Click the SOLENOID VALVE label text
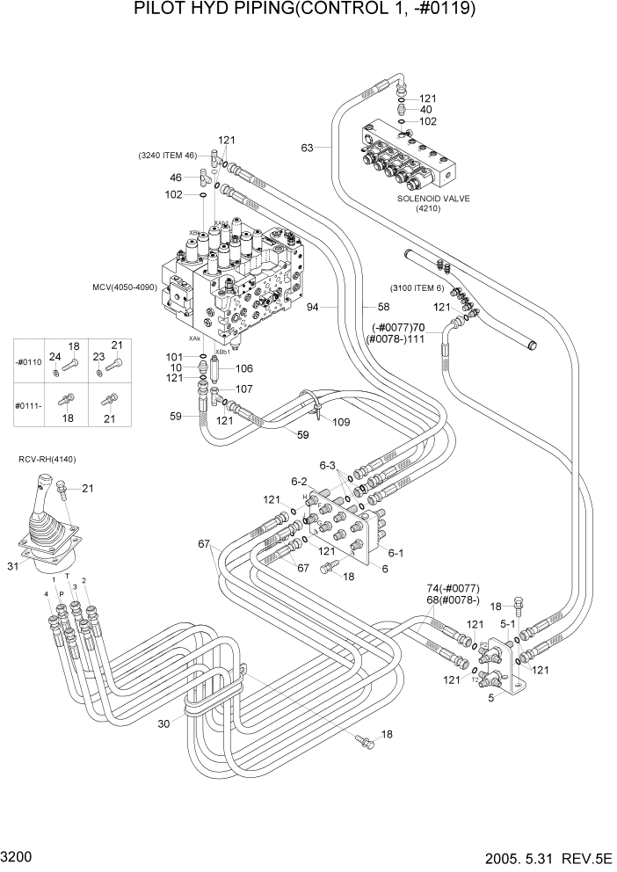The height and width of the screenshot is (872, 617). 433,199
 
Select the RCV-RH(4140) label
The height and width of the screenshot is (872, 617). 45,459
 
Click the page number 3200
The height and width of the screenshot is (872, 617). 18,854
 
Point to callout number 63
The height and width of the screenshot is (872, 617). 307,148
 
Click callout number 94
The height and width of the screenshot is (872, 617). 337,307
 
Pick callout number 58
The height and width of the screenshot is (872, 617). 383,307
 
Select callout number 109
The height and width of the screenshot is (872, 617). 341,422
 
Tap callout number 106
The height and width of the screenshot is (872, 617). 244,368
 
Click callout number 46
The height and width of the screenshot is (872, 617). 175,178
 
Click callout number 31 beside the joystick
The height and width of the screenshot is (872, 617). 13,567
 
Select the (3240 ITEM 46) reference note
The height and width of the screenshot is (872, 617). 167,156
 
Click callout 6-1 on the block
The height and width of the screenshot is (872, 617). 396,553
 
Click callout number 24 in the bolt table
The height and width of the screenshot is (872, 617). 54,357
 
